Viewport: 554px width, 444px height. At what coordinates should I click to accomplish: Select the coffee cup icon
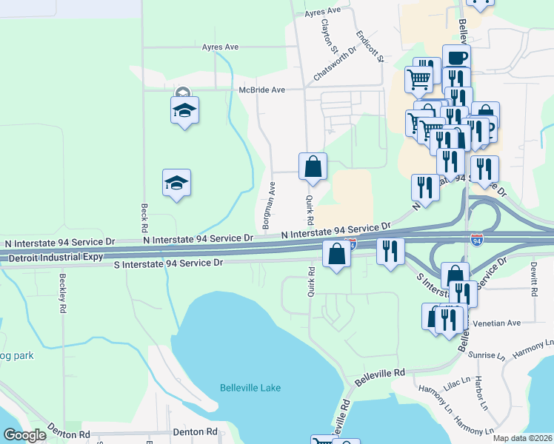(x=456, y=58)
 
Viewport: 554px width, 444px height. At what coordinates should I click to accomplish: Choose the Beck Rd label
(x=142, y=215)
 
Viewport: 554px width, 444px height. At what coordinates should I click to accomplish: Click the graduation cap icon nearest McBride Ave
(x=184, y=111)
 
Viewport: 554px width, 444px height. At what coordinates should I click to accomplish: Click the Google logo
(x=24, y=435)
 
